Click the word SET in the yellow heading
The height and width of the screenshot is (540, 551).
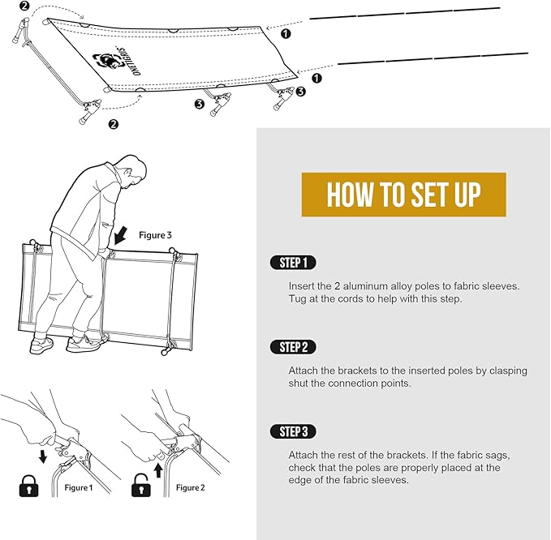428,195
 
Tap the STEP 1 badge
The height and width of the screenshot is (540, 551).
293,263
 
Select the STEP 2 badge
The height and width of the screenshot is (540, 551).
293,347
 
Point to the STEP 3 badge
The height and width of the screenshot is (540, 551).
293,431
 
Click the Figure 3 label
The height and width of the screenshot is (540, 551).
155,235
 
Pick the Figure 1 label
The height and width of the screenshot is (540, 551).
79,487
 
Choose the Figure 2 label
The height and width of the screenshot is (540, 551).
190,487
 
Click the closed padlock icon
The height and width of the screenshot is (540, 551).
28,486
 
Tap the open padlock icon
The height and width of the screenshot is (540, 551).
141,485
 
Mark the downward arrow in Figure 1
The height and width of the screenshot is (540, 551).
43,456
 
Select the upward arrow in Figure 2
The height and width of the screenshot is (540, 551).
158,470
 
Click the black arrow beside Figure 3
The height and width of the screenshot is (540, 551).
121,235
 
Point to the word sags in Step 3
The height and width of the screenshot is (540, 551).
498,456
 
